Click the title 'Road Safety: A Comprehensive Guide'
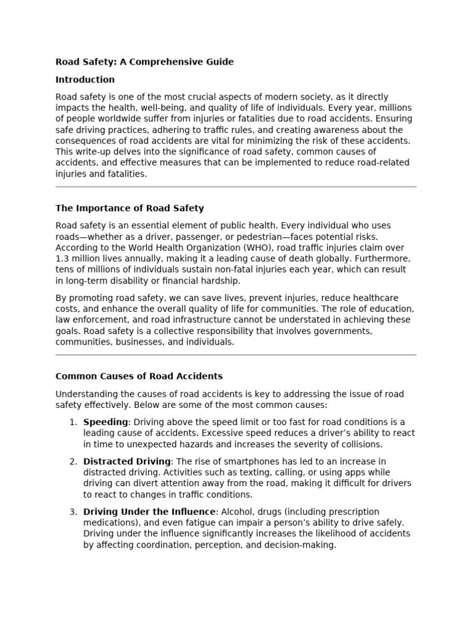coord(144,62)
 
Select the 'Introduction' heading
coord(85,79)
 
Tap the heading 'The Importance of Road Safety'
coord(130,208)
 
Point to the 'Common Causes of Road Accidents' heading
coord(139,376)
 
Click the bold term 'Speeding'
coord(106,421)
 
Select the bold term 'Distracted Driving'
coord(127,461)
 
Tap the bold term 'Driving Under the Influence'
coord(150,512)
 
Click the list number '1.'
coord(73,421)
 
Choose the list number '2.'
coord(73,461)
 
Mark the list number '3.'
coord(73,512)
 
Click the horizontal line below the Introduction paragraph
coord(236,186)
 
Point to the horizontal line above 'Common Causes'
coord(236,355)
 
